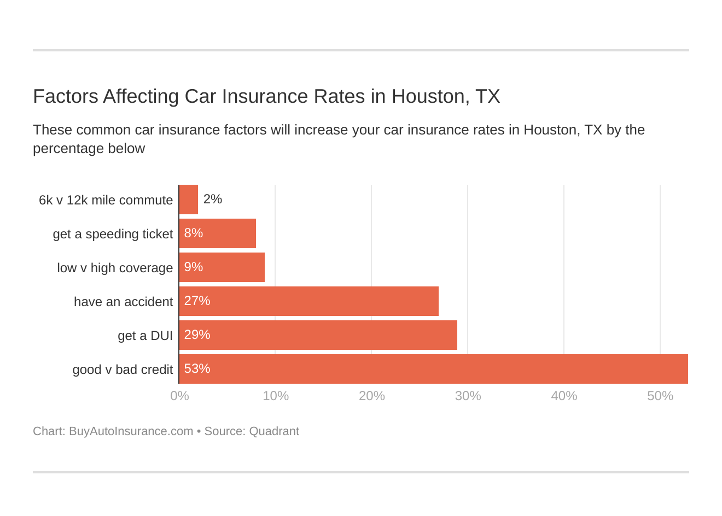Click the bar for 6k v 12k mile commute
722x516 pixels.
pyautogui.click(x=189, y=200)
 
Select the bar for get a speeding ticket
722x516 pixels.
pyautogui.click(x=218, y=233)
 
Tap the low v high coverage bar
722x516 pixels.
pyautogui.click(x=222, y=267)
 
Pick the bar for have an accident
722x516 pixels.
pyautogui.click(x=309, y=301)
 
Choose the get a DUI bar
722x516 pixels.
pyautogui.click(x=318, y=335)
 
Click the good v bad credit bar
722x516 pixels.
pyautogui.click(x=433, y=369)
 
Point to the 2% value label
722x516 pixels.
pyautogui.click(x=213, y=200)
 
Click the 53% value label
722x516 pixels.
pyautogui.click(x=197, y=369)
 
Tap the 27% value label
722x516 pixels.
pyautogui.click(x=197, y=301)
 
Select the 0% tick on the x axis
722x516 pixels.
pyautogui.click(x=179, y=396)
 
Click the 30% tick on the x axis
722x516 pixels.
pyautogui.click(x=468, y=396)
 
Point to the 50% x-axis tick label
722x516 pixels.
pyautogui.click(x=660, y=396)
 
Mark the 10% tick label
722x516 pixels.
pyautogui.click(x=276, y=396)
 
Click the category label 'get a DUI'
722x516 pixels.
pyautogui.click(x=145, y=336)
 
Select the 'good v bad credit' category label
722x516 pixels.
pyautogui.click(x=123, y=370)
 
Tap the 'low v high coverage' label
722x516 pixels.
pyautogui.click(x=115, y=268)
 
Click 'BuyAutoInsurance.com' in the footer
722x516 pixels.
pyautogui.click(x=131, y=431)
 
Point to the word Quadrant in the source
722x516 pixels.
pyautogui.click(x=274, y=431)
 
